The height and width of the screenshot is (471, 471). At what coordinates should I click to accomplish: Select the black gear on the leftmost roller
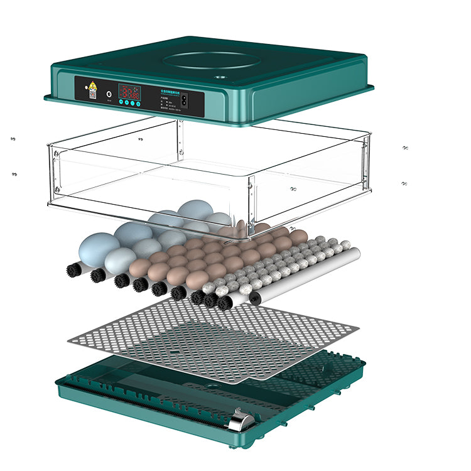74,269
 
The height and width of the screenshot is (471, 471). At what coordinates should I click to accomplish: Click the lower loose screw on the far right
404,183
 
